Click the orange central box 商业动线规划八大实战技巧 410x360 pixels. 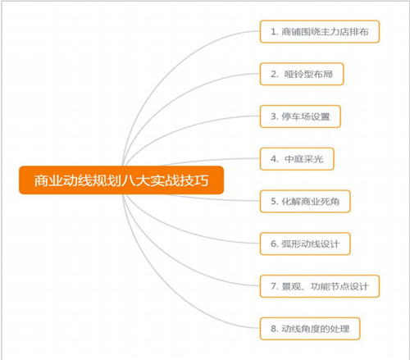(x=121, y=180)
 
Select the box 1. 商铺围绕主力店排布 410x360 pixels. (x=320, y=31)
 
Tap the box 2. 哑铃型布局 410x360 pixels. (x=302, y=74)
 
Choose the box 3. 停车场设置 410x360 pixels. (x=300, y=116)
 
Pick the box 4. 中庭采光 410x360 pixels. (x=297, y=159)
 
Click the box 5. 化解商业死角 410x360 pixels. (x=305, y=201)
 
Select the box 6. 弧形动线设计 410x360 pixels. (x=305, y=244)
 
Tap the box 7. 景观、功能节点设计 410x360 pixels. (x=320, y=286)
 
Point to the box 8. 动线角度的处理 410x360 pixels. (x=310, y=329)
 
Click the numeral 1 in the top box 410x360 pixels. (x=273, y=32)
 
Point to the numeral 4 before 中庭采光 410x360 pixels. (x=274, y=159)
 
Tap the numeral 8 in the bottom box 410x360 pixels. (x=274, y=329)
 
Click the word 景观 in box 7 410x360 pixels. (x=291, y=286)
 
